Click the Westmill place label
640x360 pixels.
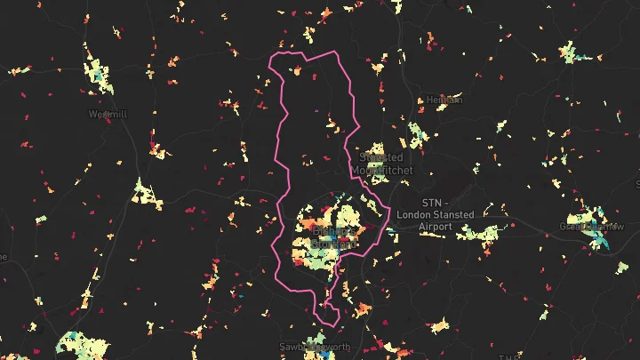pyautogui.click(x=106, y=114)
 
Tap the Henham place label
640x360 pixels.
pyautogui.click(x=444, y=100)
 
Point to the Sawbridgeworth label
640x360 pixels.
pyautogui.click(x=314, y=347)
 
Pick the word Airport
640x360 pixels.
pyautogui.click(x=436, y=227)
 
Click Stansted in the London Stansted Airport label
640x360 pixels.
pyautogui.click(x=455, y=214)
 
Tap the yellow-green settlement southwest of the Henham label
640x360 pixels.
pyautogui.click(x=414, y=134)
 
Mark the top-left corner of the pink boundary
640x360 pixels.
pyautogui.click(x=272, y=60)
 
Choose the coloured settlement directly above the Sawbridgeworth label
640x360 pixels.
pyautogui.click(x=316, y=335)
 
